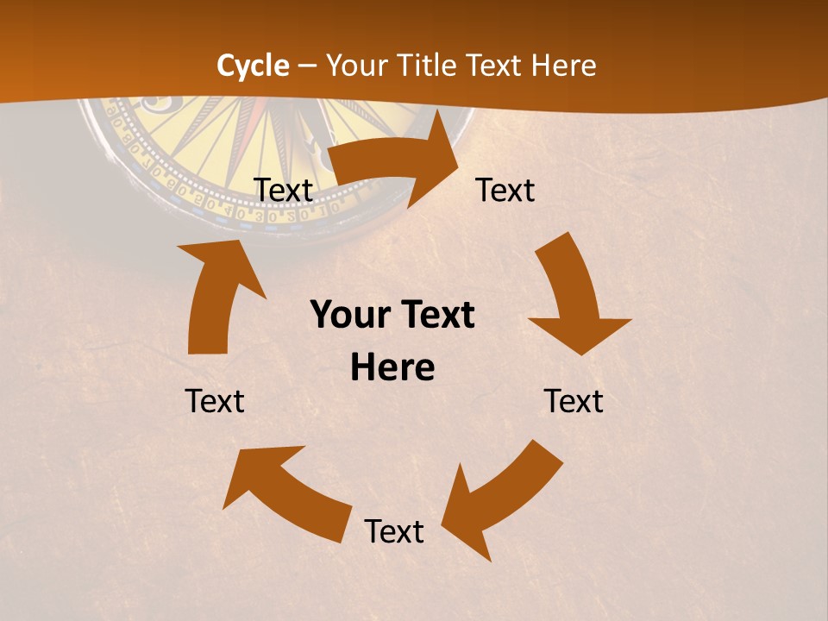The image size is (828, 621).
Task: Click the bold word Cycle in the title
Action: [x=253, y=66]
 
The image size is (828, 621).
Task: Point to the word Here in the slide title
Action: [x=561, y=66]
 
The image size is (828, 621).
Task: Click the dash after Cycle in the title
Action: [x=307, y=66]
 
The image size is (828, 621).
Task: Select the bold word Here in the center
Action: [x=392, y=368]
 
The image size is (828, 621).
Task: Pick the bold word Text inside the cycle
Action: [x=436, y=316]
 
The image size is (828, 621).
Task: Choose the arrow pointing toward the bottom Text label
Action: [x=500, y=496]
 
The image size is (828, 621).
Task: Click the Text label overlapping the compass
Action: [x=284, y=191]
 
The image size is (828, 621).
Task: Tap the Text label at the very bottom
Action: [x=394, y=532]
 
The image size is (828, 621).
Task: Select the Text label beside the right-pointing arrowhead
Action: [x=505, y=191]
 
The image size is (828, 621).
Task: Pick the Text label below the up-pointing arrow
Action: [x=215, y=401]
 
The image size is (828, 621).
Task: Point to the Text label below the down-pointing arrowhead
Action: [x=574, y=401]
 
